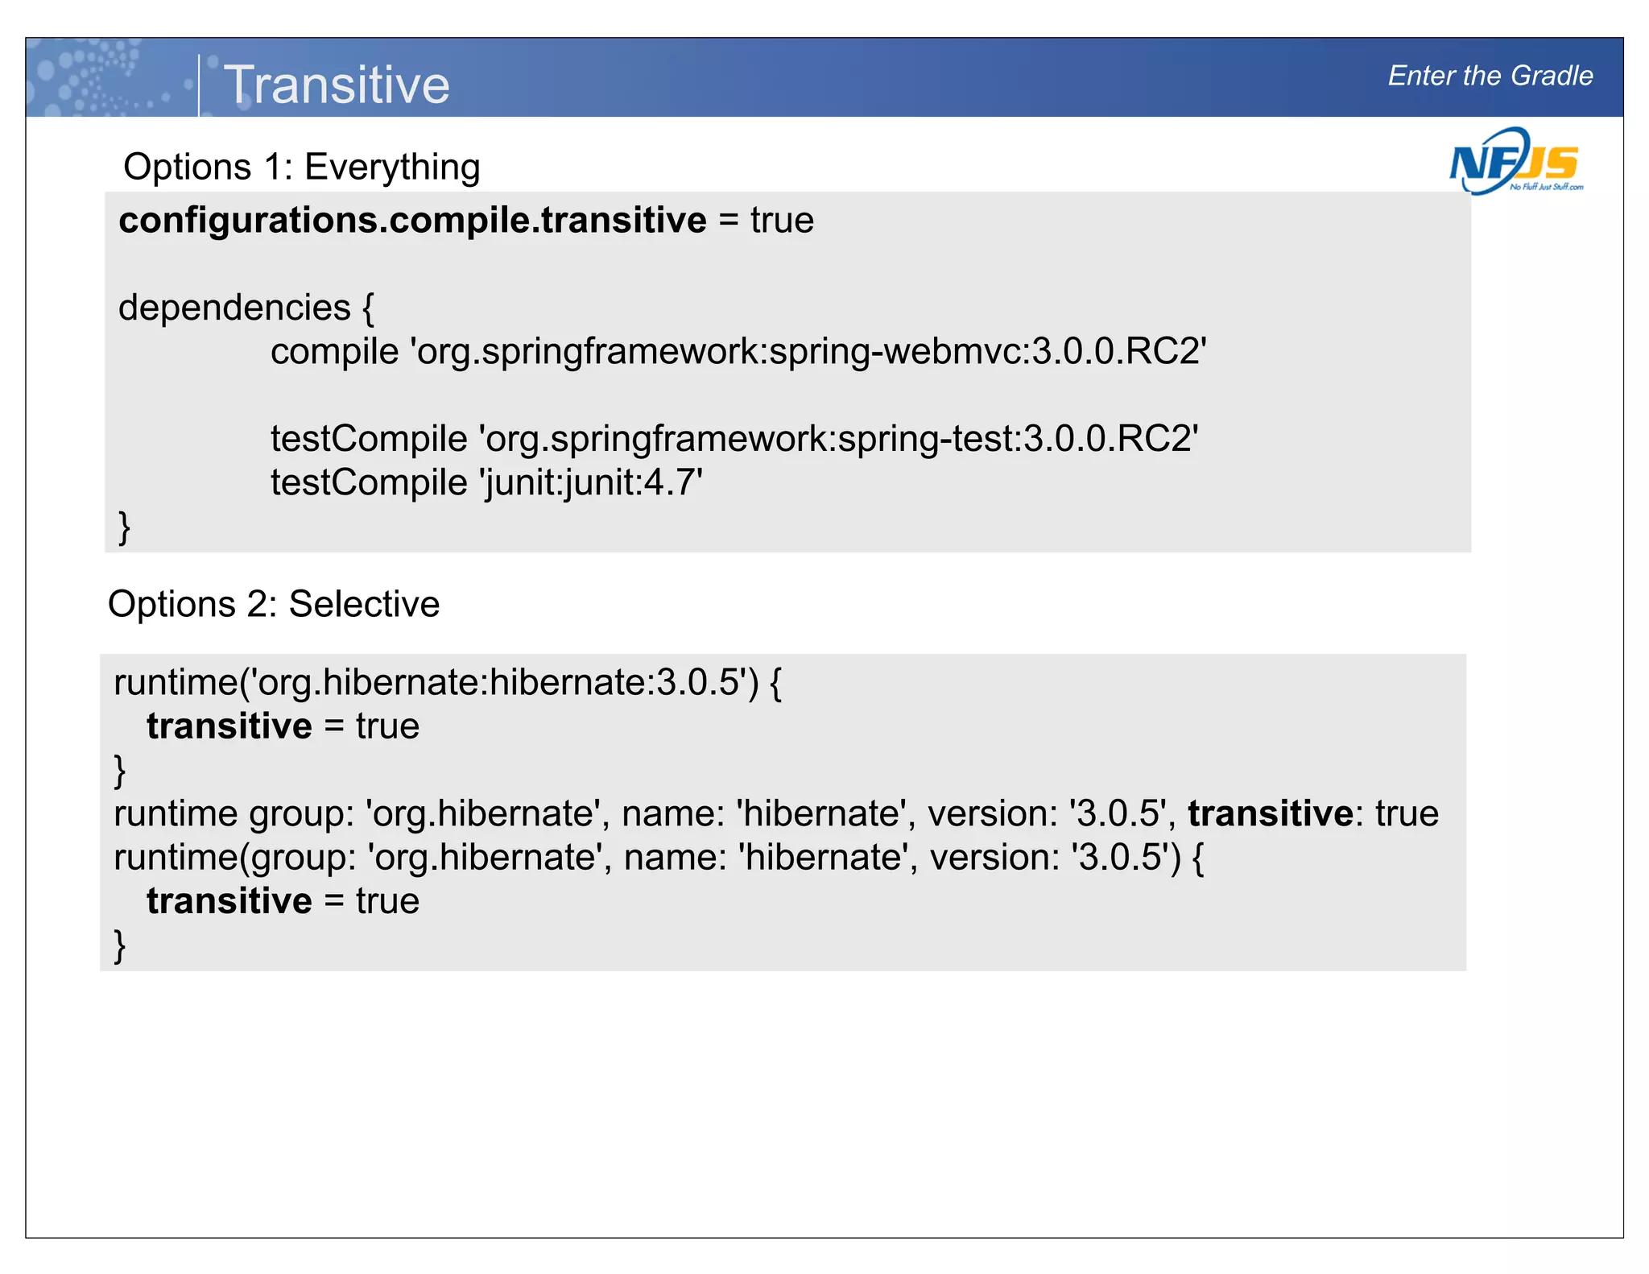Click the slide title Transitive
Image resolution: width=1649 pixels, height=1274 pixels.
point(337,85)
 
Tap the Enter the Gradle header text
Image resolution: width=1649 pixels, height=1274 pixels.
point(1490,76)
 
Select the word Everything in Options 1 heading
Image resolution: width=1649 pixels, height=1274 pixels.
point(392,168)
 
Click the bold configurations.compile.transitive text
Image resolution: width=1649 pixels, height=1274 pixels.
point(412,221)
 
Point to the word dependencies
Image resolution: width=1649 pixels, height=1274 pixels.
point(234,308)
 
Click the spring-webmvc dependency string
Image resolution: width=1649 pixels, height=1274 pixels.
point(808,352)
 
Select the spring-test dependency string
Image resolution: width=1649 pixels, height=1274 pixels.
point(838,439)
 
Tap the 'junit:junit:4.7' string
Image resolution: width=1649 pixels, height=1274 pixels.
point(591,483)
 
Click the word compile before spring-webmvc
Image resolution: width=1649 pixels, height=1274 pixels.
point(334,352)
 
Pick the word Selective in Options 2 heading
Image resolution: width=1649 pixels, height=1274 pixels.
point(364,604)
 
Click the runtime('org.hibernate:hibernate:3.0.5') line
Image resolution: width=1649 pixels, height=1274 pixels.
point(447,683)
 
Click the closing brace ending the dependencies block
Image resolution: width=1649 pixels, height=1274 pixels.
point(124,527)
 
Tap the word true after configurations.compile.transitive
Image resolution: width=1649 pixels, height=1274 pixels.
point(782,221)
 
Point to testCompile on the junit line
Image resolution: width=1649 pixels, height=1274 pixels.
point(369,483)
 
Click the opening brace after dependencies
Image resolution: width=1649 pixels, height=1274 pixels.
point(368,308)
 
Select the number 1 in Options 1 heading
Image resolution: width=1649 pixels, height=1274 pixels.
point(276,168)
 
